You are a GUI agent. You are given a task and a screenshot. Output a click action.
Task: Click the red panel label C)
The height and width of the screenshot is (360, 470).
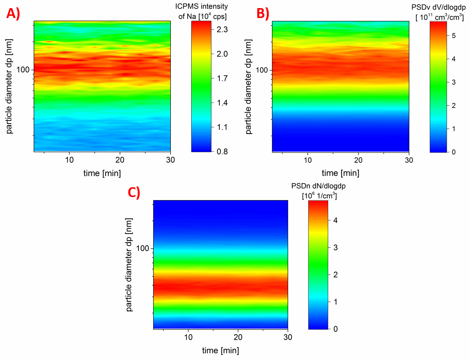(134, 192)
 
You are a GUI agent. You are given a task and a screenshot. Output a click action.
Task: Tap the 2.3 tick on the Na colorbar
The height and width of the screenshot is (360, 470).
(222, 29)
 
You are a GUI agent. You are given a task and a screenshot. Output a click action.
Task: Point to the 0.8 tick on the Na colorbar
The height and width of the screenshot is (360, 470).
(222, 152)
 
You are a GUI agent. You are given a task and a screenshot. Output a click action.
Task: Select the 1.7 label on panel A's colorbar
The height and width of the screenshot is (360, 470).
(222, 78)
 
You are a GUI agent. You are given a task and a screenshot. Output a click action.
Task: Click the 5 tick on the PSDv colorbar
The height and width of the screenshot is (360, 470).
(454, 36)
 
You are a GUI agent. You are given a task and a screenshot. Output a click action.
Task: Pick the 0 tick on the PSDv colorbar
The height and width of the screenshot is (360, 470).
(453, 152)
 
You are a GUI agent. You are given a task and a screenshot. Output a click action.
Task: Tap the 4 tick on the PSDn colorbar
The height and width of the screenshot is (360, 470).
(335, 220)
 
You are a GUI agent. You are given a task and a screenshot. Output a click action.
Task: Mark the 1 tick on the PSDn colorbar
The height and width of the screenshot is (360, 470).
(335, 302)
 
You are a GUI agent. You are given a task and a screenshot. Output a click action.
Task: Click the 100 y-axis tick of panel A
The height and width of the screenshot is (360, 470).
(23, 70)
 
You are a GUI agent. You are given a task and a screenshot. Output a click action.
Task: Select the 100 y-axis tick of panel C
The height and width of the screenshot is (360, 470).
(142, 248)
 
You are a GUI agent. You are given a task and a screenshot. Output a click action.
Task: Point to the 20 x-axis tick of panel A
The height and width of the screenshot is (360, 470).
(120, 160)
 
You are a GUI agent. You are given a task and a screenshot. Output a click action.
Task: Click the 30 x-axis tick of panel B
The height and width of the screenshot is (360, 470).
(409, 160)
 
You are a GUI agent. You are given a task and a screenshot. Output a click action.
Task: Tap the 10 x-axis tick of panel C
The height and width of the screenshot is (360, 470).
(188, 337)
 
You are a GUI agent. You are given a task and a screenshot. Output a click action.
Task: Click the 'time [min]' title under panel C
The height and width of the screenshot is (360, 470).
(220, 350)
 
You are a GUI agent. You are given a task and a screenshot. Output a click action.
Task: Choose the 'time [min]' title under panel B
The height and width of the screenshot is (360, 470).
(340, 173)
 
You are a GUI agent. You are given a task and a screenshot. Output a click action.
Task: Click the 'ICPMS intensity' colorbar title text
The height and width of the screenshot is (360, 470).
(201, 7)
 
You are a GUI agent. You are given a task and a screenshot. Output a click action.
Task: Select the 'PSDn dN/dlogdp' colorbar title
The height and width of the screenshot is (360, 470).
(318, 186)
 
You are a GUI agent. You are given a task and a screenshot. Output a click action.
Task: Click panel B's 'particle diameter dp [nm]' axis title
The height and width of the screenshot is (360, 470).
(248, 87)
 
